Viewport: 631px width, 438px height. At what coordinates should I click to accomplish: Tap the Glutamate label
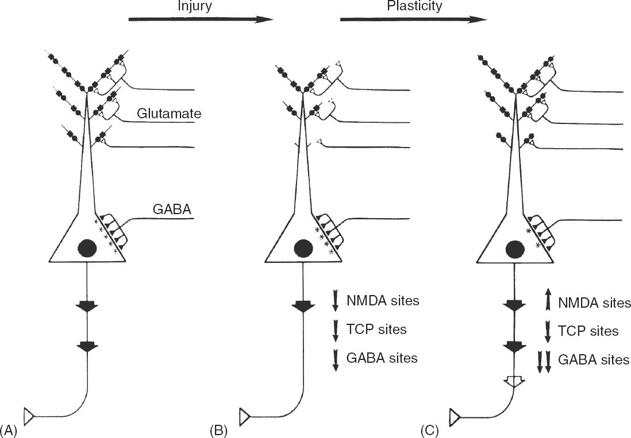pyautogui.click(x=169, y=114)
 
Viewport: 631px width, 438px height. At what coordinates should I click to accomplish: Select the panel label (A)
pyautogui.click(x=10, y=429)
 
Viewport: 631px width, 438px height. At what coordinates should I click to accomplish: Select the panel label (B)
pyautogui.click(x=220, y=429)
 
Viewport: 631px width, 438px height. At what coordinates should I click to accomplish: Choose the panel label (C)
pyautogui.click(x=432, y=429)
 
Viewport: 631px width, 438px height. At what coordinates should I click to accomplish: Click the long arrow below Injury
pyautogui.click(x=200, y=20)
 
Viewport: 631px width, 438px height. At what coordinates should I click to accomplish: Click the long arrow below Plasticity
pyautogui.click(x=413, y=20)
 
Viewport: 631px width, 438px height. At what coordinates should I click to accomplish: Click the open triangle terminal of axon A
pyautogui.click(x=29, y=414)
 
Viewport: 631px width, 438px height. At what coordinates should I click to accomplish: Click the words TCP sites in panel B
pyautogui.click(x=376, y=330)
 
